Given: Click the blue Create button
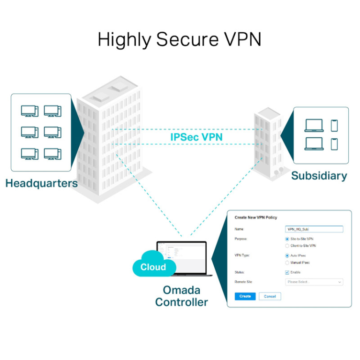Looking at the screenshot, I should pos(245,296).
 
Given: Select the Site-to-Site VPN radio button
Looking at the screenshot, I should pos(287,239).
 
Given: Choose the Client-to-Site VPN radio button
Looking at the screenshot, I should pos(287,246).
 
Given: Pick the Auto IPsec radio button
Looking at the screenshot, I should pos(287,256).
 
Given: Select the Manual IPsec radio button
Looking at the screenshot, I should pos(287,262).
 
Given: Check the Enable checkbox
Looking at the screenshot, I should pos(287,272).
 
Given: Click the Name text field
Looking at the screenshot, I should pos(314,229).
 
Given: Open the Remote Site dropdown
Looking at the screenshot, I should pos(314,282).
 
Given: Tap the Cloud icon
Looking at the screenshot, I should pos(153,267).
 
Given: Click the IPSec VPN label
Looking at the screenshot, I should pos(196,137).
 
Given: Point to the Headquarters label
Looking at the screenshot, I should pos(41,183).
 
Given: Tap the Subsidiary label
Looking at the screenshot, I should pos(319,176).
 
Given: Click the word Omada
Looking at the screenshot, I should pos(181,290).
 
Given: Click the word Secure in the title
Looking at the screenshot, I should pos(181,39).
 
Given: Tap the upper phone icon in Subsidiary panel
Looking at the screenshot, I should pos(334,125).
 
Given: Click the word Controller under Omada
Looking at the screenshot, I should pos(181,302).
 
